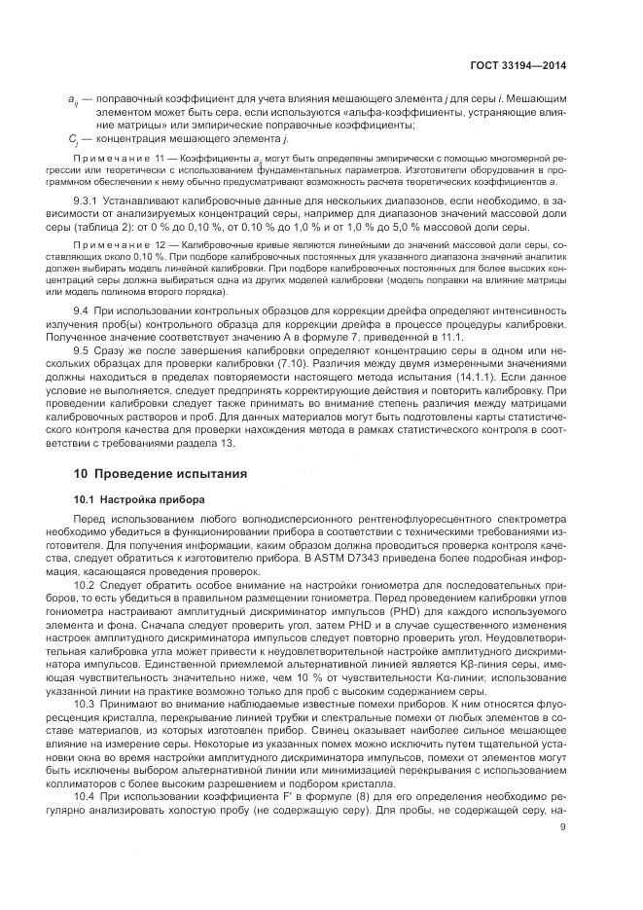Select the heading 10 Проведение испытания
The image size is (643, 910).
161,473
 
